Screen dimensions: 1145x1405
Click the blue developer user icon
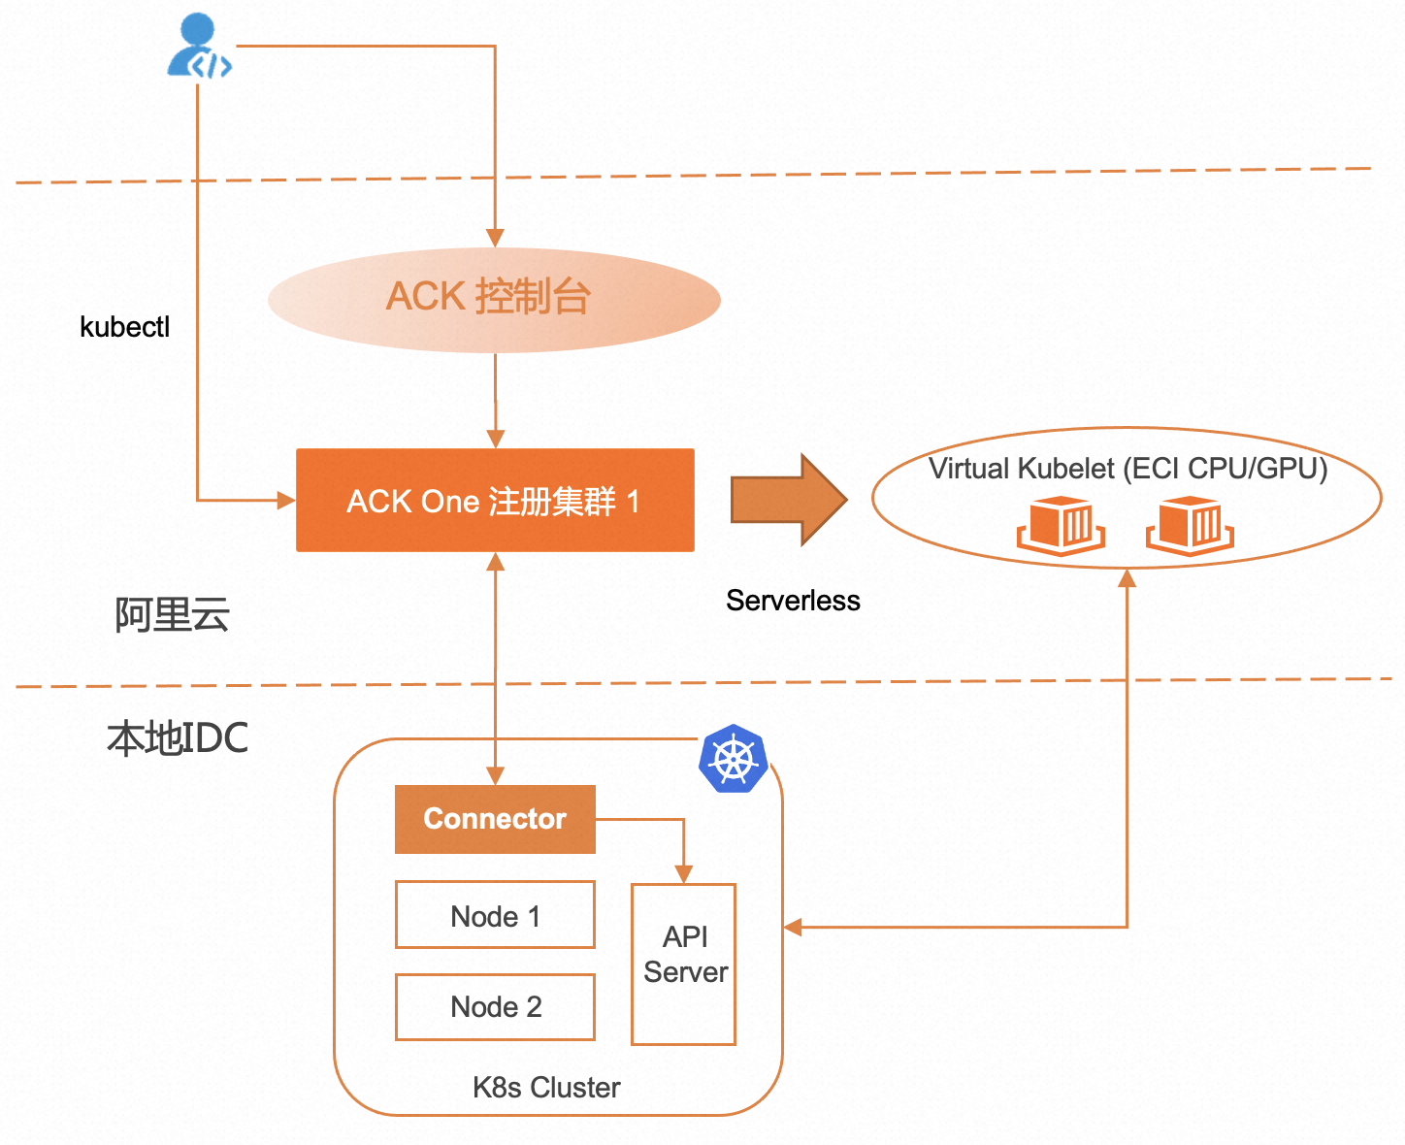click(198, 47)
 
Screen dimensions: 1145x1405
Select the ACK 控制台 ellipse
click(494, 299)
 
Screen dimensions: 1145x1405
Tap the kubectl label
click(124, 327)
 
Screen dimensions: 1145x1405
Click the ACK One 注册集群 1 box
click(495, 501)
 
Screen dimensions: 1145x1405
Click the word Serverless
click(793, 601)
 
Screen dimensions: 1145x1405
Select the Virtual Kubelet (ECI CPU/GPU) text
click(1127, 469)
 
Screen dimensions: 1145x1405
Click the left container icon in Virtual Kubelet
click(1061, 526)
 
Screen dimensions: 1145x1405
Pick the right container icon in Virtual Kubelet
click(1190, 526)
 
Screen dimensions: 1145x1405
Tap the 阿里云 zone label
click(172, 615)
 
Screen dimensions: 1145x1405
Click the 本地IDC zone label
click(178, 738)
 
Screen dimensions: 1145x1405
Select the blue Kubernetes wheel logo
click(734, 759)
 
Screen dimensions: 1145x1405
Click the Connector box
click(495, 819)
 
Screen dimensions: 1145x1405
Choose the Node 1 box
click(495, 915)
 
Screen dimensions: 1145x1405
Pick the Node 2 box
click(495, 1007)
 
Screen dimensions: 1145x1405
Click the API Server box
click(684, 964)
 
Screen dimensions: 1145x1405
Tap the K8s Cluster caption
click(546, 1088)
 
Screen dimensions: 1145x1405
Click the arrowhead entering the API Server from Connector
click(684, 873)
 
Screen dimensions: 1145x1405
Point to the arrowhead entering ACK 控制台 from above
click(495, 238)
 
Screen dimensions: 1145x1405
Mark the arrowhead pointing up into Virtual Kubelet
click(1127, 579)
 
